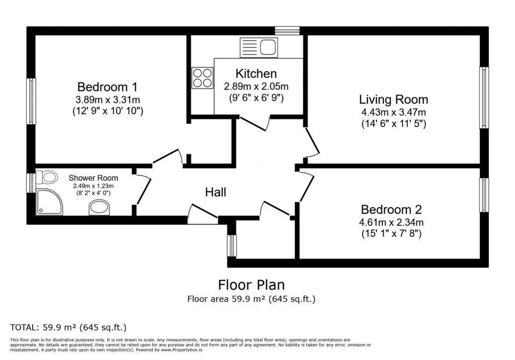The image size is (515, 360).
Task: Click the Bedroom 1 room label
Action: tap(108, 87)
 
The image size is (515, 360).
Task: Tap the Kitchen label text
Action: tap(256, 73)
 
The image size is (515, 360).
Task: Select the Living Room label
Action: tap(393, 100)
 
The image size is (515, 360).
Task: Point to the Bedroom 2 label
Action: tap(391, 210)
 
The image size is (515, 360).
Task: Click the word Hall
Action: tap(216, 192)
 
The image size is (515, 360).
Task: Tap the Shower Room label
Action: tap(93, 178)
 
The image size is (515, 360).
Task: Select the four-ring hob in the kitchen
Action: tap(202, 78)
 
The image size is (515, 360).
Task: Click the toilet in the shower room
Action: tap(46, 177)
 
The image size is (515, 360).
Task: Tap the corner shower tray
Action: tap(49, 202)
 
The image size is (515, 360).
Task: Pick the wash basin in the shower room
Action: tap(100, 208)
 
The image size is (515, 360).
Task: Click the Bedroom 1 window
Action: tap(31, 101)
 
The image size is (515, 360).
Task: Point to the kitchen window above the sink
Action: tap(287, 31)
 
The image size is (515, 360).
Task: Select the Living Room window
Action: tap(484, 98)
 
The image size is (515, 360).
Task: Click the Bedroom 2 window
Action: tap(484, 195)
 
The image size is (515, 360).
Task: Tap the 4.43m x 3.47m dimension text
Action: tap(393, 112)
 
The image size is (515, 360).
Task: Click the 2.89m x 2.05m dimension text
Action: tap(256, 86)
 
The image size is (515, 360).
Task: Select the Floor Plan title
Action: tap(251, 285)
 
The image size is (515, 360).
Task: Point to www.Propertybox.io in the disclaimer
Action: tap(182, 350)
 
